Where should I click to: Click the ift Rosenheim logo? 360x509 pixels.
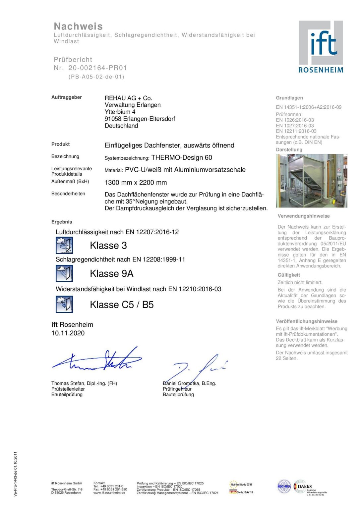coord(321,47)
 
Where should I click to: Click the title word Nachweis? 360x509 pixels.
coord(78,27)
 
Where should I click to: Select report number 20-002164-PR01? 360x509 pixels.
coord(97,68)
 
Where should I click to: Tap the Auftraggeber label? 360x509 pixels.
coord(66,97)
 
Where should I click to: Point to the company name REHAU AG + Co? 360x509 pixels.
coord(128,98)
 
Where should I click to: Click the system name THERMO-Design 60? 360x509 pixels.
coord(182,158)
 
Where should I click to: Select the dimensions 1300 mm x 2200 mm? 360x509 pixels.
coord(136,183)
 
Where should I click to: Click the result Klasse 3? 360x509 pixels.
coord(108,246)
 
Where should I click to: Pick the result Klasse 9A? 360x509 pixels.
coord(111,274)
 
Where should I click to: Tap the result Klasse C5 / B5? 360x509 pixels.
coord(122,305)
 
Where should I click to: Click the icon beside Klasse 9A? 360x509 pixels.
coord(64,274)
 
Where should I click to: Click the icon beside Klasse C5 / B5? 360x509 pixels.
coord(64,305)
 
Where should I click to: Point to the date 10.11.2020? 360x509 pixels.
coord(68,333)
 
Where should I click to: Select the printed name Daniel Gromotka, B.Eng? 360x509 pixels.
coord(189,383)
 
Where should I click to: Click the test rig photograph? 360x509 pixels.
coord(311,181)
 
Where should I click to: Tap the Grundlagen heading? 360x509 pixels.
coord(289,98)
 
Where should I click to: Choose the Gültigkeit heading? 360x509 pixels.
coord(289,275)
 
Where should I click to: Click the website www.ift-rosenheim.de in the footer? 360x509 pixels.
coord(109,493)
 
